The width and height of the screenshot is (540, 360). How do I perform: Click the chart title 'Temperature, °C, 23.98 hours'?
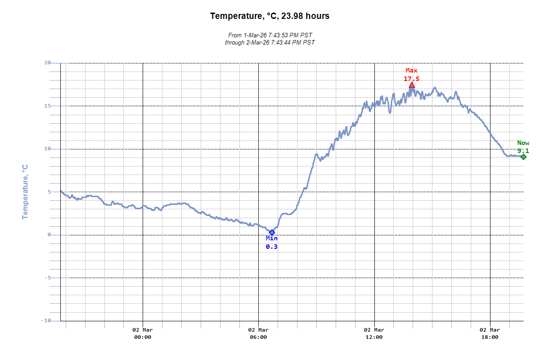coord(270,16)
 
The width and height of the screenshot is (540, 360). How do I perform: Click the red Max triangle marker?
coord(412,85)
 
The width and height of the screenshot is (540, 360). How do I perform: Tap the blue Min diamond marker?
coord(272,232)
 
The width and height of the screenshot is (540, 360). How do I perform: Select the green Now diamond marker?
coord(523,157)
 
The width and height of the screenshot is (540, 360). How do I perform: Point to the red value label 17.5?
coord(411,79)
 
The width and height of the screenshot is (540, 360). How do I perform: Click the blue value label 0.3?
coord(272,247)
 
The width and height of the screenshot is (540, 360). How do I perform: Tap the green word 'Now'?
coord(523,143)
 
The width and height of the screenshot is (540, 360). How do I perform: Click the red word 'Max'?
coord(411,71)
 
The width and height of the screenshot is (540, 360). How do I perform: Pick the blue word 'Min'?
coord(272,238)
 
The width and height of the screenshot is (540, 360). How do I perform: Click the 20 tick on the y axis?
coord(47,63)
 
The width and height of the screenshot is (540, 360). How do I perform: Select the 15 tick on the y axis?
coord(47,106)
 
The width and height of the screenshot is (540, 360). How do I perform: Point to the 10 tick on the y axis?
coord(47,149)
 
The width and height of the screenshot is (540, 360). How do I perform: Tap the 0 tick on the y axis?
coord(49,235)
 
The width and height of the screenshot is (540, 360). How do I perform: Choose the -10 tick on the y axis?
coord(46,320)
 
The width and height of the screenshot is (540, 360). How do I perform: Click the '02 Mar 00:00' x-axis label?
coord(143,333)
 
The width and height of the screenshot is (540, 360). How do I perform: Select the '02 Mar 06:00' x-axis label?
coord(258,333)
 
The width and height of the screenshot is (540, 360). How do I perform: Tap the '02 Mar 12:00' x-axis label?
coord(374,333)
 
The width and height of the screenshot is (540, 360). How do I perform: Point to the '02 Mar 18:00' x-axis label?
coord(490,333)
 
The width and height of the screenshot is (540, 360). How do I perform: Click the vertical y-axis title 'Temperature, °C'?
coord(25,192)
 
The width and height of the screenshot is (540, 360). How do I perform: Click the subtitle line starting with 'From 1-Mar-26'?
coord(270,35)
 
